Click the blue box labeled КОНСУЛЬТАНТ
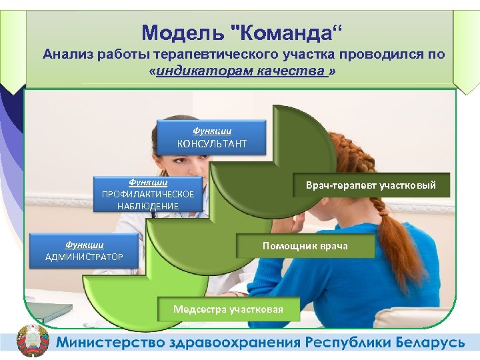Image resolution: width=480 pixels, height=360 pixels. click(211, 137)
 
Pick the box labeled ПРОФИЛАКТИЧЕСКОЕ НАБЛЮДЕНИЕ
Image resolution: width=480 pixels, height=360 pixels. click(148, 194)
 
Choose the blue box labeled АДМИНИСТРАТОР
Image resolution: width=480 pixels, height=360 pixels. click(84, 251)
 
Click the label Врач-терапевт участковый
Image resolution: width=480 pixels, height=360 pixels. click(371, 185)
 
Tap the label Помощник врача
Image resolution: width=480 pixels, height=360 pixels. click(305, 246)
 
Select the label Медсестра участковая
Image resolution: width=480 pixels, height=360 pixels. click(228, 309)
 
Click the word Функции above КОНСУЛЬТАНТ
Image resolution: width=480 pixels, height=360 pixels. click(211, 131)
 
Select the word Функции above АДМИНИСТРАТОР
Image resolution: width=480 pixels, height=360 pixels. click(84, 245)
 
